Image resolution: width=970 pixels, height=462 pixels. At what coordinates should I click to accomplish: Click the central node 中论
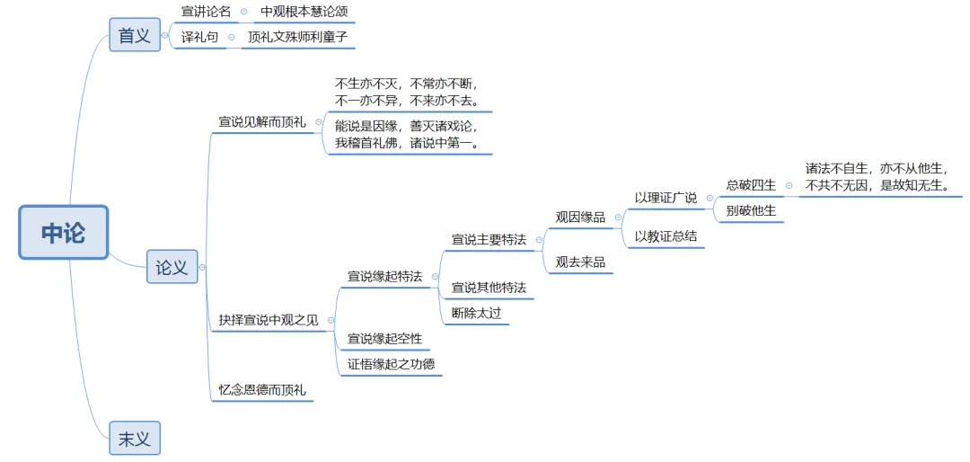(x=64, y=233)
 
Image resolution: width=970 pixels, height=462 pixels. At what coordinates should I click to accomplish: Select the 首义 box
(x=135, y=35)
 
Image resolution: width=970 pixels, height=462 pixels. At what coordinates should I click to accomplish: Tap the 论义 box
(x=172, y=267)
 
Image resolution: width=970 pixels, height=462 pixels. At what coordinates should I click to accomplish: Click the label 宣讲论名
(x=206, y=12)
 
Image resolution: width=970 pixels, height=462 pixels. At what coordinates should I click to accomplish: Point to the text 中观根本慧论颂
(x=304, y=12)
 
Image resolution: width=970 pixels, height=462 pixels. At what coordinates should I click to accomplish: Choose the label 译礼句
(x=199, y=38)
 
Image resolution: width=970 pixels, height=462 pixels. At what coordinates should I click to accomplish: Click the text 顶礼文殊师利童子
(x=296, y=38)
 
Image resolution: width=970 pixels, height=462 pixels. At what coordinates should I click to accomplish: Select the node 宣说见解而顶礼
(x=262, y=122)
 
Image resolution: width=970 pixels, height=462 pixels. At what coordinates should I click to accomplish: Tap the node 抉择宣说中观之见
(x=269, y=320)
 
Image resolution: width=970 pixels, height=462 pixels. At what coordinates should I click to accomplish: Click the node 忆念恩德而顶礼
(x=262, y=390)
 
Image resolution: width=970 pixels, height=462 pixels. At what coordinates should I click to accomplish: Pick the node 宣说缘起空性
(x=384, y=339)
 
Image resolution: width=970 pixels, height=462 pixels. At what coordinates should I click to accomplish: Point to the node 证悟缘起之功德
(x=391, y=364)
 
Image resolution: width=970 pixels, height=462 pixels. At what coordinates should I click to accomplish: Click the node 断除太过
(x=476, y=313)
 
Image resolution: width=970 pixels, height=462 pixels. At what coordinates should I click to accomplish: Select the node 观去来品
(x=580, y=262)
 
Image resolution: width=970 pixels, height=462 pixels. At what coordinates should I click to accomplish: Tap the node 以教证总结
(x=666, y=236)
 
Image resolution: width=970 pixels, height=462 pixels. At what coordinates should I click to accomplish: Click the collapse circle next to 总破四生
(x=789, y=186)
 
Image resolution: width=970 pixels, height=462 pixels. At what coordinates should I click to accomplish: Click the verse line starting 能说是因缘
(x=407, y=126)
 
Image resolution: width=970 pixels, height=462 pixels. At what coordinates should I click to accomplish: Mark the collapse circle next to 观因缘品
(x=618, y=218)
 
